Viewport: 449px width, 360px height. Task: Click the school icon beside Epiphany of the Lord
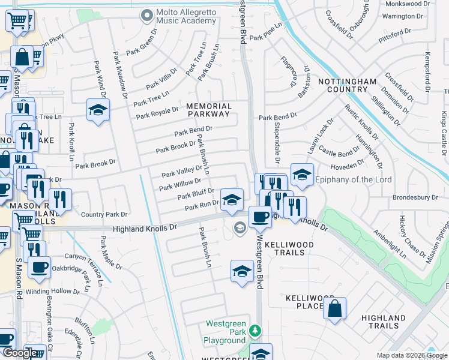click(302, 175)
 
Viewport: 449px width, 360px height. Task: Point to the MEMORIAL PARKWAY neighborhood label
click(208, 109)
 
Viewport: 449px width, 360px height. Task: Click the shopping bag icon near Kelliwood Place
click(334, 308)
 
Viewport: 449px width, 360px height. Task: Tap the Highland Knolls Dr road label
click(146, 229)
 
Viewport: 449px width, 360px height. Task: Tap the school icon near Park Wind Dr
click(97, 110)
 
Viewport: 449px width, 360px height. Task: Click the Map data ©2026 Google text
click(411, 355)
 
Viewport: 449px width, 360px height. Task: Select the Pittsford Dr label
click(397, 34)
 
